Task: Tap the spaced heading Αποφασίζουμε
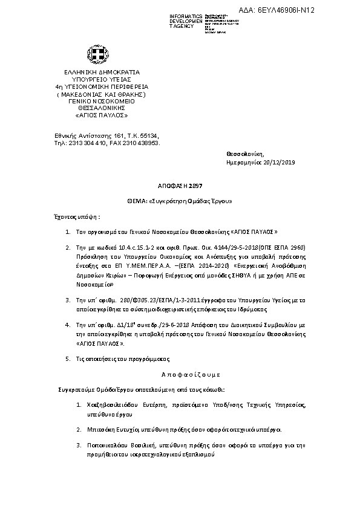[x=180, y=374]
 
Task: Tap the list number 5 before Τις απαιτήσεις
[x=67, y=359]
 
